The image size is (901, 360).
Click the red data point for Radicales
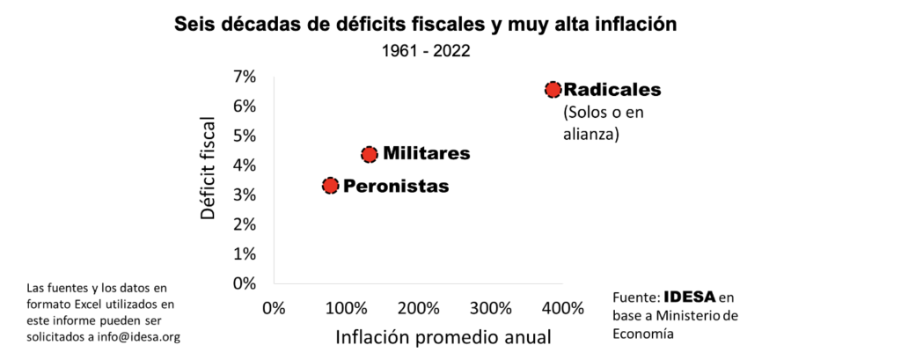click(553, 89)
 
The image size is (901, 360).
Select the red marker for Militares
click(370, 154)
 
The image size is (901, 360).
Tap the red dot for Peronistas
click(330, 185)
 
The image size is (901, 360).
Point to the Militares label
click(426, 154)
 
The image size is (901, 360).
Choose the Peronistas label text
click(395, 186)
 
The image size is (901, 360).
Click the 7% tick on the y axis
click(245, 77)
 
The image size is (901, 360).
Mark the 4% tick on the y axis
click(245, 165)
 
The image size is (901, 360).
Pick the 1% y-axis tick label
click(245, 253)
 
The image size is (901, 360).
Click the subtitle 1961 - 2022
click(426, 50)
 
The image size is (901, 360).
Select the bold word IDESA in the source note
click(690, 298)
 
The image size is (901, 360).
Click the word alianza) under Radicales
click(591, 135)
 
